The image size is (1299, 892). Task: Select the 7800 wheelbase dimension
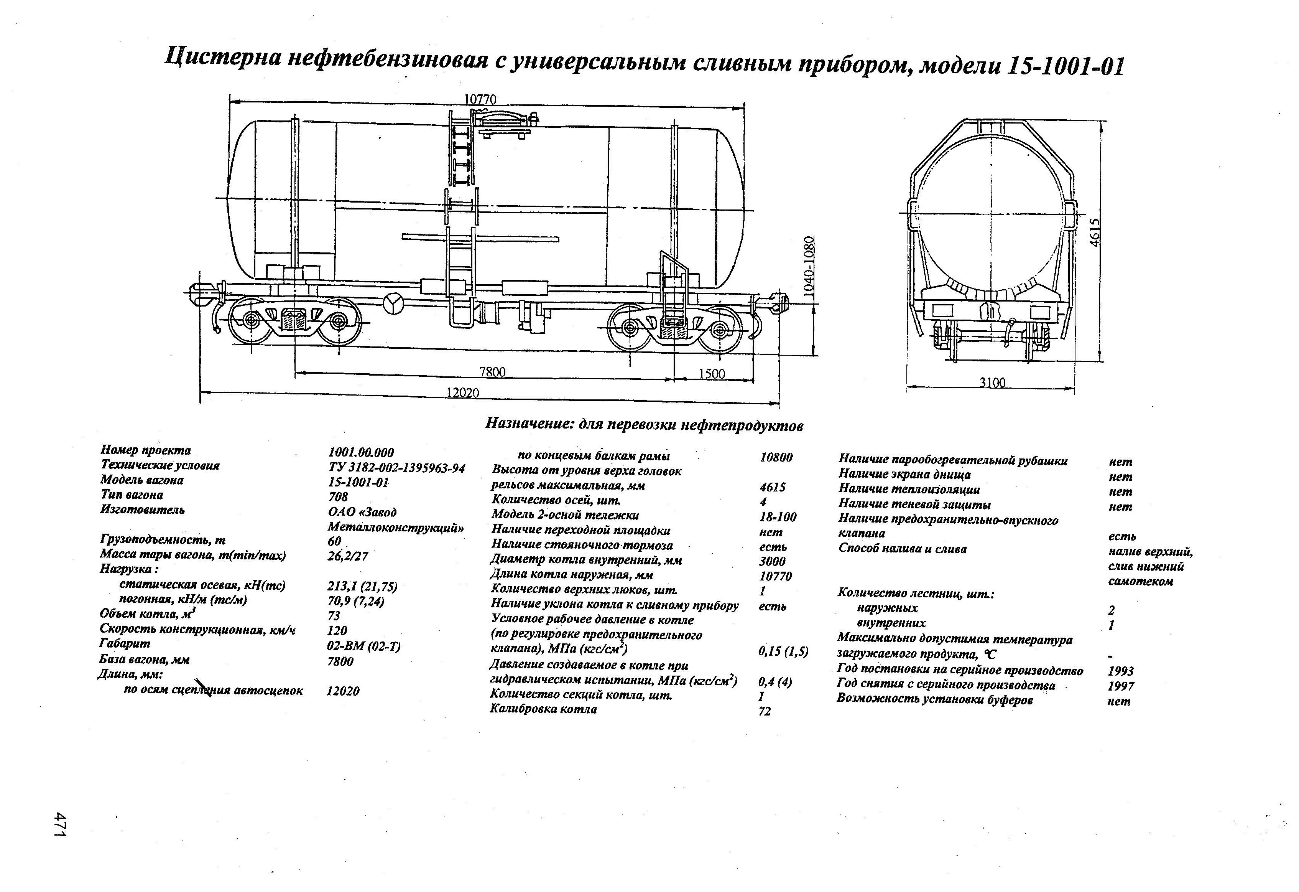tap(492, 372)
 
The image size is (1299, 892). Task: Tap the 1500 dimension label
tap(712, 374)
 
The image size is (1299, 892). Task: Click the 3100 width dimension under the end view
tap(992, 383)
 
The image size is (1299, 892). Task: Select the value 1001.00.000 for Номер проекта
tap(360, 452)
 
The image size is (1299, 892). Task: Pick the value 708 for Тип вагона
tap(338, 496)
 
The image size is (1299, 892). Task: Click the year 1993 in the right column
tap(1120, 671)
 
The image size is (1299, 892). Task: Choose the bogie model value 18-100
tap(778, 517)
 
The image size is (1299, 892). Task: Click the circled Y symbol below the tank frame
tap(392, 303)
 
